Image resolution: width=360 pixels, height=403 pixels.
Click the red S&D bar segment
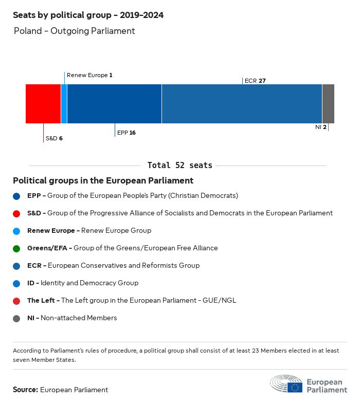click(x=43, y=104)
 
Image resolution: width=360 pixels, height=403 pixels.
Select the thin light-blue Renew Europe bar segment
click(x=64, y=104)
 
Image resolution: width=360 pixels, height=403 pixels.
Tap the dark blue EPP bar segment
click(x=114, y=104)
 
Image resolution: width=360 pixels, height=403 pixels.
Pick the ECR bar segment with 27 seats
click(x=242, y=104)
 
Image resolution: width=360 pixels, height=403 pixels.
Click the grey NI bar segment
click(x=328, y=104)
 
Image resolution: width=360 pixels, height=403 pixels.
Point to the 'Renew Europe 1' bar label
click(x=89, y=75)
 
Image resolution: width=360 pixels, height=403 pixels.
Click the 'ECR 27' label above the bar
click(x=255, y=81)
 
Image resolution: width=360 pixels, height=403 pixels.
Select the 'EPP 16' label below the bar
click(x=127, y=133)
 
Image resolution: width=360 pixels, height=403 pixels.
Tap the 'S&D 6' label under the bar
click(x=54, y=138)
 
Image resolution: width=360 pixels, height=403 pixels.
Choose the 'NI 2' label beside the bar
click(x=321, y=127)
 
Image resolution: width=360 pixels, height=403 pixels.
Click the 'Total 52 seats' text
click(x=179, y=166)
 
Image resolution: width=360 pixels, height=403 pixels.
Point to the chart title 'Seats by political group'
click(x=88, y=15)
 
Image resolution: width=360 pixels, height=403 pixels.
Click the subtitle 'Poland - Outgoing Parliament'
click(x=75, y=31)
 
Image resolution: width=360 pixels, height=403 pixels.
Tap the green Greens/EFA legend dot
click(x=17, y=248)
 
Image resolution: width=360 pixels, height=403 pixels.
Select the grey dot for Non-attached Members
click(x=17, y=318)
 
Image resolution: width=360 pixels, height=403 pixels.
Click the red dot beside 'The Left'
click(x=17, y=301)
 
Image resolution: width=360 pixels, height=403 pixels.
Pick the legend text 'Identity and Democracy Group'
click(x=89, y=283)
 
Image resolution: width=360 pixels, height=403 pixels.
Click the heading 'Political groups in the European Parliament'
click(x=103, y=181)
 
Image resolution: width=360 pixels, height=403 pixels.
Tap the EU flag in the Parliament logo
click(x=295, y=387)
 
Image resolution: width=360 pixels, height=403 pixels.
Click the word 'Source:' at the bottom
click(x=25, y=390)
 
